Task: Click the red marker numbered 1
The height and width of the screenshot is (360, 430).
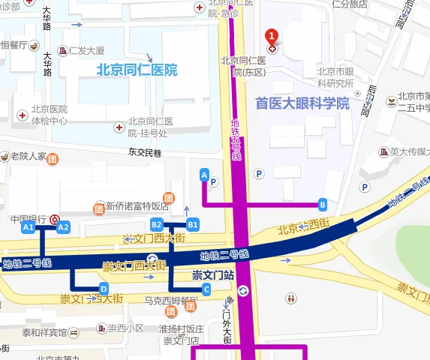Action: (272, 36)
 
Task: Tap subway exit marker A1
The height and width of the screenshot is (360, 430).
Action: (29, 226)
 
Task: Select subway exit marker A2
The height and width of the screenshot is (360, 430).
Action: (63, 226)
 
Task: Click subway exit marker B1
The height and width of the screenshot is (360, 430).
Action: (193, 224)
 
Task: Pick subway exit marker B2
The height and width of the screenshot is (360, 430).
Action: (157, 224)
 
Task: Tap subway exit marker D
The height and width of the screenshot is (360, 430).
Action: (104, 288)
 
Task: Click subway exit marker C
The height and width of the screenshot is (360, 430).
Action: (206, 288)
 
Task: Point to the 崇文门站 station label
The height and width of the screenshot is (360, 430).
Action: (213, 275)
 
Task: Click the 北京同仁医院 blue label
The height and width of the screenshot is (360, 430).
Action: (137, 70)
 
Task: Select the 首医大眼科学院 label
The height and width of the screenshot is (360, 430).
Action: (302, 103)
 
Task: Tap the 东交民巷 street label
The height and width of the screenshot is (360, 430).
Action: (145, 152)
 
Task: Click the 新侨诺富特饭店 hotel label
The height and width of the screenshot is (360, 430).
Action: (137, 206)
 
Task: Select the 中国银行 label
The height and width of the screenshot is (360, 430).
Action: (29, 218)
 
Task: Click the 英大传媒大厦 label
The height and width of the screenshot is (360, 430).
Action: (408, 151)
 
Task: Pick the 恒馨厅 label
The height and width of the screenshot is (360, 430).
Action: (14, 45)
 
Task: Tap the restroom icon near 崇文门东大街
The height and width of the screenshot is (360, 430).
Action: (290, 298)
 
